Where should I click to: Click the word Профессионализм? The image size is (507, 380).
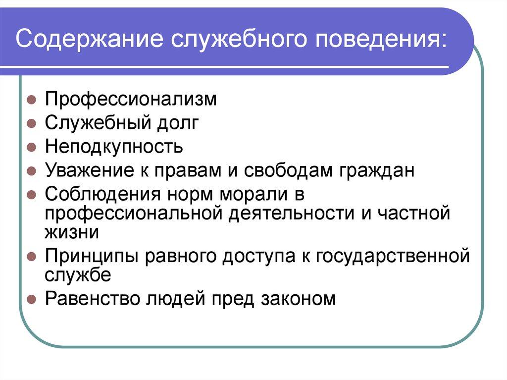131,99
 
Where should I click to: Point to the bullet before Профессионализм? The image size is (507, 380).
30,100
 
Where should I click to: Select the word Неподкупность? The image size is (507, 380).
114,147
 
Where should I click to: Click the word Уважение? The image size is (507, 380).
85,171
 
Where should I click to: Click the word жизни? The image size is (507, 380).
72,232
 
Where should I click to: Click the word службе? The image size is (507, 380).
78,274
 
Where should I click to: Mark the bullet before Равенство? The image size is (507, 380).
30,299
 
